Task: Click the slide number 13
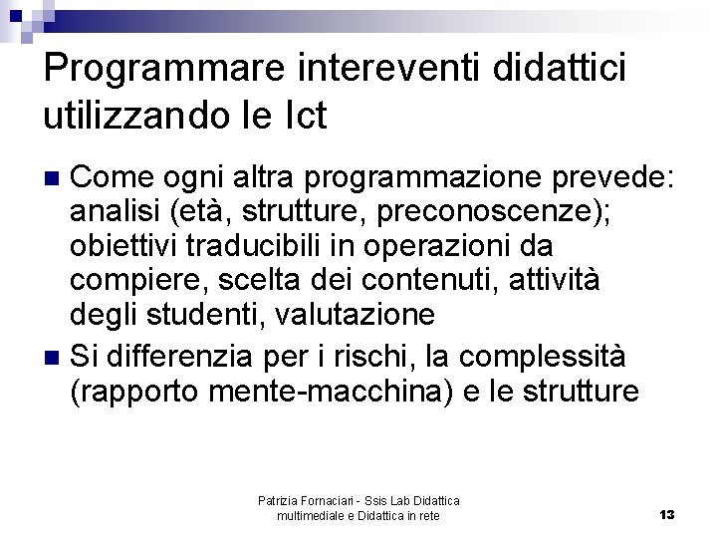(666, 514)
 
